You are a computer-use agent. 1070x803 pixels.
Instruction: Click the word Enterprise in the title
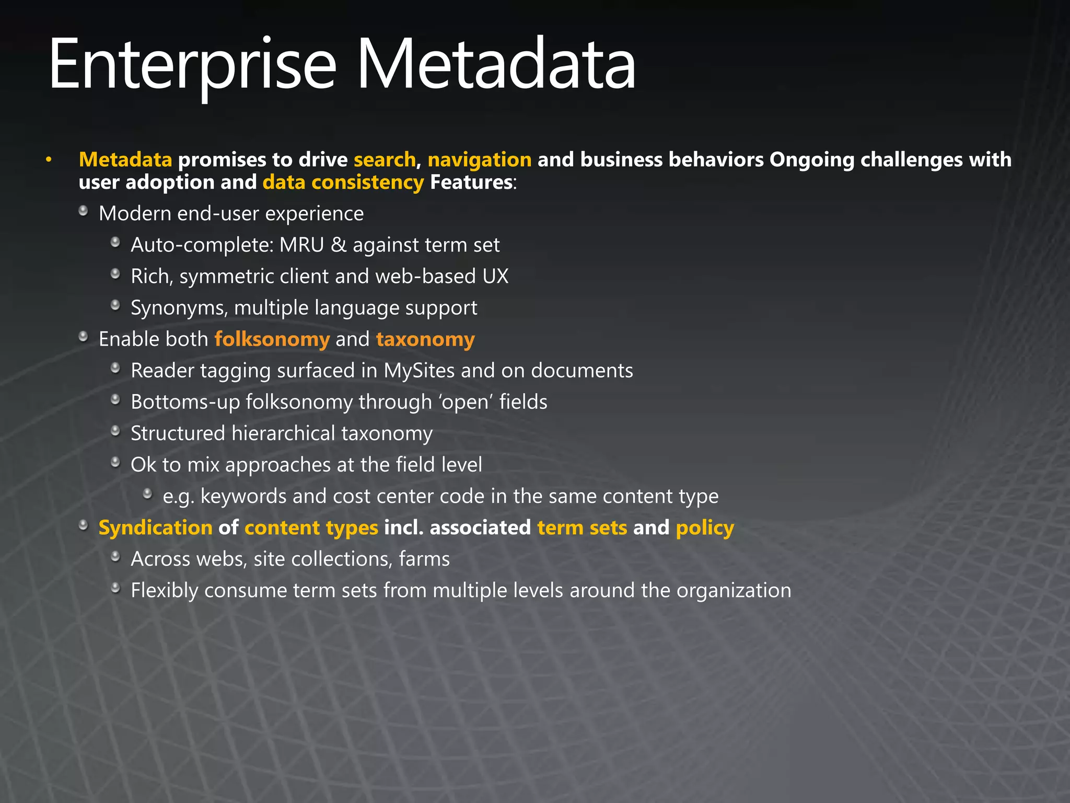(192, 65)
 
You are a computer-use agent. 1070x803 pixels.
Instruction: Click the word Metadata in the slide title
(496, 65)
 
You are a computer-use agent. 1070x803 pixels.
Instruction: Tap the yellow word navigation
(479, 159)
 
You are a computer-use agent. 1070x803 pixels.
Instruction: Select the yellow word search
(384, 159)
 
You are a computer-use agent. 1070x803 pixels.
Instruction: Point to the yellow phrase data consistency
(343, 182)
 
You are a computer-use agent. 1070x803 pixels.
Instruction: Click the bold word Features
(471, 182)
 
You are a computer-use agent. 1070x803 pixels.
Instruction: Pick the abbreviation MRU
(301, 245)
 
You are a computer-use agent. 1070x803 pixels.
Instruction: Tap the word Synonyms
(179, 308)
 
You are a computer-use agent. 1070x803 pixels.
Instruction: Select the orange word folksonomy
(272, 339)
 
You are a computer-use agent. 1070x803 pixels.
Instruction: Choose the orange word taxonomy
(425, 339)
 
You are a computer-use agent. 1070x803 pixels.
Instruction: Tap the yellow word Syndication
(155, 528)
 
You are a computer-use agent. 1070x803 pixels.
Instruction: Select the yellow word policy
(705, 528)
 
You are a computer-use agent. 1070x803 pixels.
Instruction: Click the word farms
(424, 559)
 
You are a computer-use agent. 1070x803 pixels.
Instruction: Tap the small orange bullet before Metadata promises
(49, 159)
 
